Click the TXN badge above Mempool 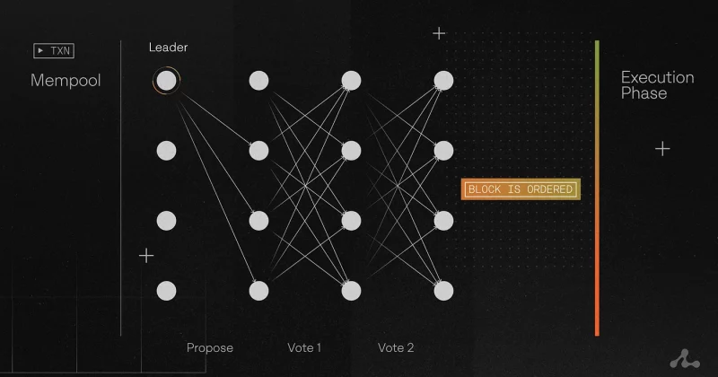[x=54, y=50]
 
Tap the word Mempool [x=66, y=81]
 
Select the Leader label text [x=168, y=48]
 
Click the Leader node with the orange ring [x=166, y=81]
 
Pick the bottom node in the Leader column [x=166, y=291]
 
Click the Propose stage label [x=210, y=347]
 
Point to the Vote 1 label [x=304, y=347]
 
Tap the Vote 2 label [x=396, y=347]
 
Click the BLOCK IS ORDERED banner [x=521, y=189]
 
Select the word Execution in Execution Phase [x=658, y=77]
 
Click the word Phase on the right [x=644, y=93]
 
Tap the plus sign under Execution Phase [x=662, y=149]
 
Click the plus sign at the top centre [x=439, y=33]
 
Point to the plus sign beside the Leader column [x=146, y=256]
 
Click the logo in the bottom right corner [x=685, y=359]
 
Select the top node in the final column [x=443, y=81]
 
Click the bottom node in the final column [x=443, y=291]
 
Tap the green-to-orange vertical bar [x=597, y=188]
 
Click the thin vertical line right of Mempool [x=121, y=188]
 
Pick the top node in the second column [x=258, y=81]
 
